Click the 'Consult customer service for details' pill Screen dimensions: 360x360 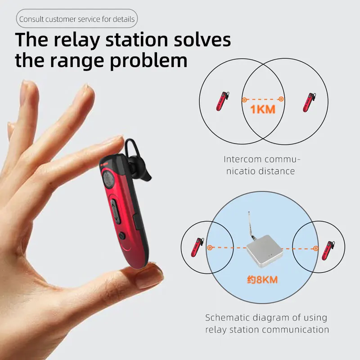pos(76,20)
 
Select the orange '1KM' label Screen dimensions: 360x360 pos(262,109)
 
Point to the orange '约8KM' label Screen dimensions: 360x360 pos(262,279)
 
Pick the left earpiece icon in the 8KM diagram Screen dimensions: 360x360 pos(197,247)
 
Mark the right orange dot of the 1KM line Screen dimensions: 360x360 pos(281,99)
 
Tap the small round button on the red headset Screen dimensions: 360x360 pos(122,235)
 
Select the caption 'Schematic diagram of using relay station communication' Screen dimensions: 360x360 pos(267,324)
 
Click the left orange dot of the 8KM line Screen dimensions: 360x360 pos(209,247)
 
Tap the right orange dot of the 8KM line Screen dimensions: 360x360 pos(316,247)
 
